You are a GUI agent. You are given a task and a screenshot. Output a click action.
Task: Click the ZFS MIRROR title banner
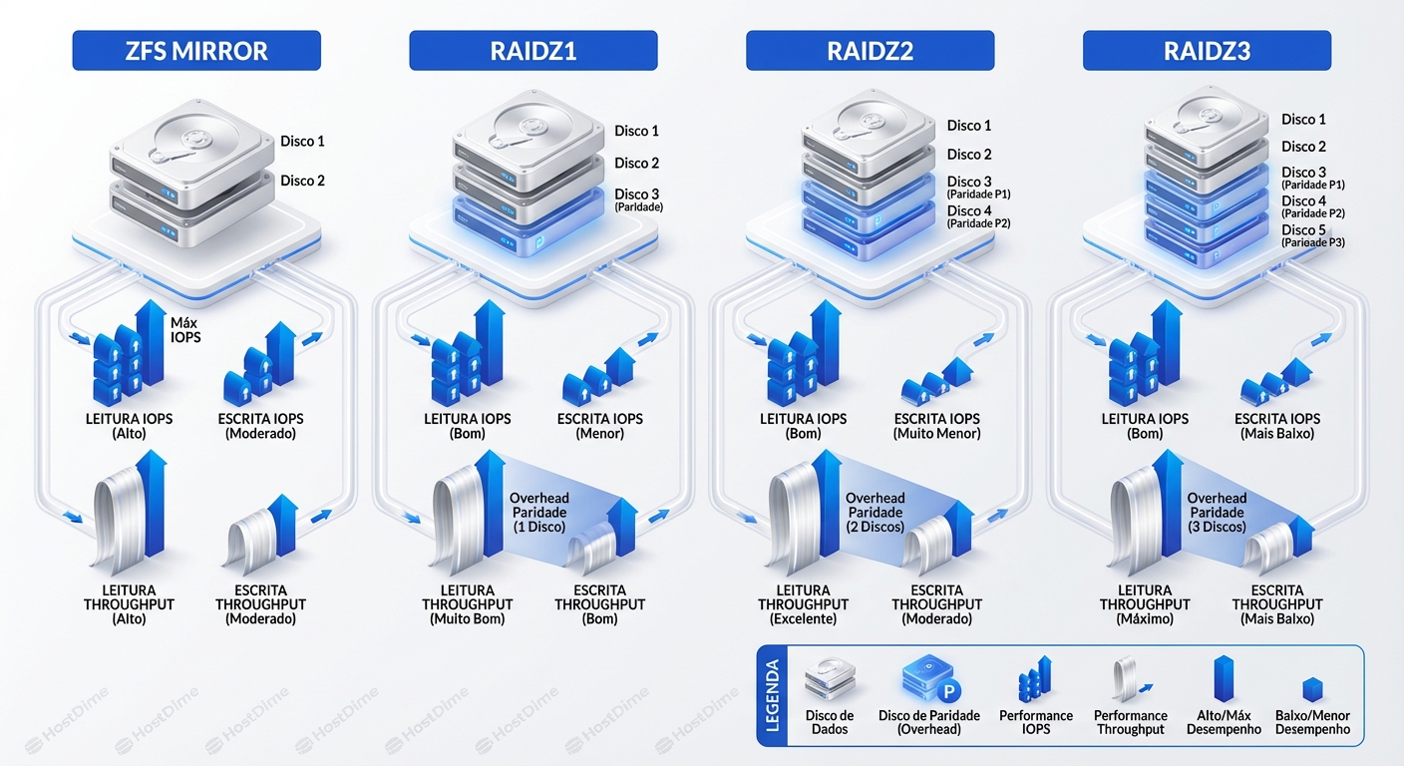coord(196,51)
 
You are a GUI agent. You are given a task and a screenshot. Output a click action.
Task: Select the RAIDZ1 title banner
coord(532,51)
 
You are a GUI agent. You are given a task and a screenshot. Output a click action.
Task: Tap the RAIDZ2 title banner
coord(870,51)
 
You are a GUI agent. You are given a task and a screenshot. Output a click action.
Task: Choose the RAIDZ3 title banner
coord(1207,51)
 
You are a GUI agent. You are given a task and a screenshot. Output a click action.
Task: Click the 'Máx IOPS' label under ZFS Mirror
coord(185,330)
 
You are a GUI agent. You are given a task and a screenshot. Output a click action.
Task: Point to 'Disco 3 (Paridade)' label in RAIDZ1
coord(638,199)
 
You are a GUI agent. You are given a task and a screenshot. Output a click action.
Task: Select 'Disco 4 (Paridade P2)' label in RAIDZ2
coord(978,216)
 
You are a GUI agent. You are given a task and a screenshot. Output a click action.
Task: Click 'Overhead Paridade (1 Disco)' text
coord(538,512)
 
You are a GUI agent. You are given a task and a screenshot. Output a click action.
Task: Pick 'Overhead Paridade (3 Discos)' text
coord(1217,512)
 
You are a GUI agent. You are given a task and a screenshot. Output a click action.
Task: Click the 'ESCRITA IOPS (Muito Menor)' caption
coord(937,426)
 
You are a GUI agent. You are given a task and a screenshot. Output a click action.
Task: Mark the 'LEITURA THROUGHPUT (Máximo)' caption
coord(1145,604)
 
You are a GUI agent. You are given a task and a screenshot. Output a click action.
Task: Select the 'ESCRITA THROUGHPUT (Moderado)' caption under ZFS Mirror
coord(260,604)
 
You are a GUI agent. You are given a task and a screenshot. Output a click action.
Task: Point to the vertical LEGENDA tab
coord(771,695)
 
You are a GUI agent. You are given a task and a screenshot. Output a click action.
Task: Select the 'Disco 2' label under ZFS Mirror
coord(302,181)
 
